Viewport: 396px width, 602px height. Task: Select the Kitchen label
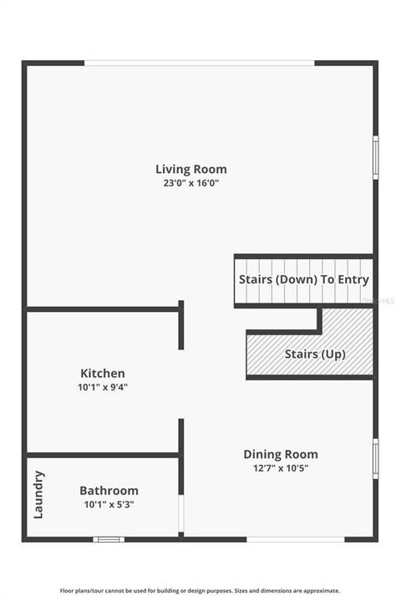[x=103, y=373]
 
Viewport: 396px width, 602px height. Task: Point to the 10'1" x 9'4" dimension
[x=103, y=386]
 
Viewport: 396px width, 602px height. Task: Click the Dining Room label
[x=281, y=454]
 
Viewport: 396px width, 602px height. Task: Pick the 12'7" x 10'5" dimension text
[x=281, y=467]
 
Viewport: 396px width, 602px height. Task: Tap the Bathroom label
[x=109, y=491]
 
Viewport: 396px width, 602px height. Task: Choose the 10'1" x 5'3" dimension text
[x=109, y=504]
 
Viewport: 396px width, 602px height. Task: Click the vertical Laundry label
[x=38, y=494]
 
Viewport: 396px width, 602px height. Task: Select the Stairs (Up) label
[x=315, y=354]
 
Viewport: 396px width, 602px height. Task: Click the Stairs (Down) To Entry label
[x=304, y=279]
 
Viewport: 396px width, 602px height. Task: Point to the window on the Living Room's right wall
[x=376, y=158]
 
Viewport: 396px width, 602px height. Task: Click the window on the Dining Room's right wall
[x=376, y=459]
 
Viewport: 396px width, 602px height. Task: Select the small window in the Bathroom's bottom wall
[x=109, y=539]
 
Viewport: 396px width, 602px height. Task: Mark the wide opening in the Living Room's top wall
[x=200, y=63]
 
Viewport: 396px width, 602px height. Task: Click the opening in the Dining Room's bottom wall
[x=284, y=539]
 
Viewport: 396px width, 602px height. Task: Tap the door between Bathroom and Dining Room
[x=180, y=510]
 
